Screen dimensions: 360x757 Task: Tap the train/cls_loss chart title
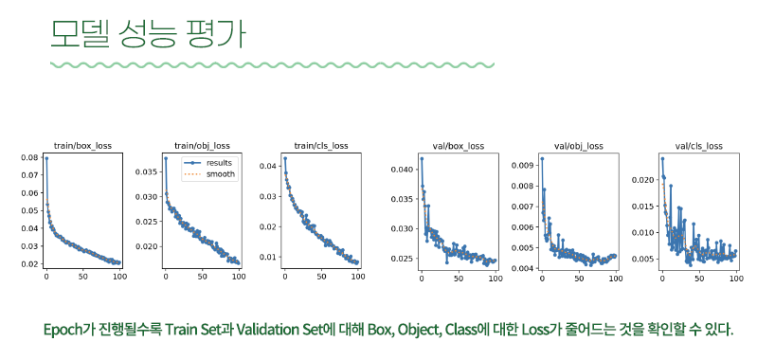coord(320,146)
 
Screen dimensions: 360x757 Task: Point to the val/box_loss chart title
coord(458,146)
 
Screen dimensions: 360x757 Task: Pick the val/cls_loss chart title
coord(696,146)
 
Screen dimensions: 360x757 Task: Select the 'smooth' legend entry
coord(219,173)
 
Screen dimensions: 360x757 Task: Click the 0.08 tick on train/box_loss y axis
coord(30,158)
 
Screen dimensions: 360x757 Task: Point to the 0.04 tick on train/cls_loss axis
coord(268,166)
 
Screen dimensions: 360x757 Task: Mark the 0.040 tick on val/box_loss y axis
coord(403,169)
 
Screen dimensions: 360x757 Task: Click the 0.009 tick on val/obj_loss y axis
coord(524,164)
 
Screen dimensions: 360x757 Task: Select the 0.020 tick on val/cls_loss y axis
coord(643,179)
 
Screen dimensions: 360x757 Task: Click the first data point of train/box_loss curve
coord(45,158)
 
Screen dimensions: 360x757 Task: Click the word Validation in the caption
coord(270,331)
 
